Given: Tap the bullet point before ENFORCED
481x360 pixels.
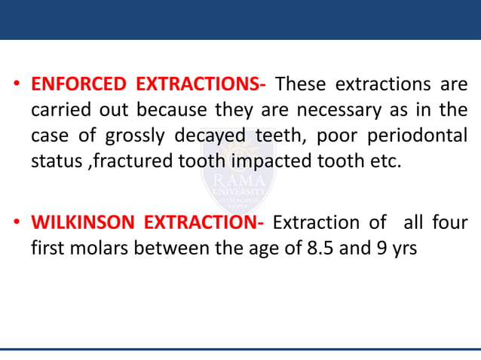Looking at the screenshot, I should coord(16,84).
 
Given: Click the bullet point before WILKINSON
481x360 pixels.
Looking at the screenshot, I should coord(16,224).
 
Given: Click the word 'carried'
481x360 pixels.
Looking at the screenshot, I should coord(60,111).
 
